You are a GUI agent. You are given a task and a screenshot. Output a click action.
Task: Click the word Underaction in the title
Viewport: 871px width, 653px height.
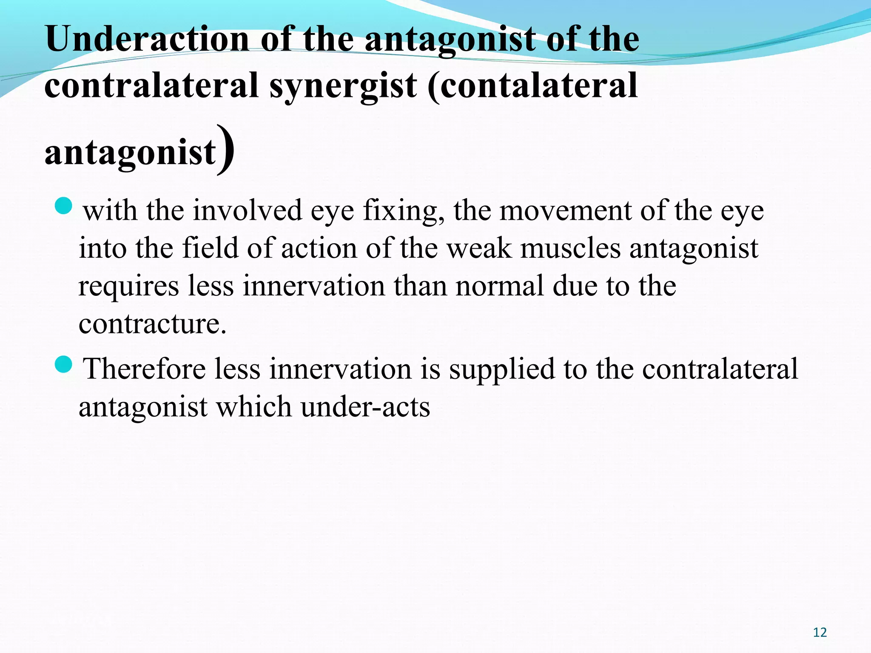click(x=147, y=39)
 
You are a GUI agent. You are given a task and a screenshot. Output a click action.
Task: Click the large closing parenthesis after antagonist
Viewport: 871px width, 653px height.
click(x=225, y=150)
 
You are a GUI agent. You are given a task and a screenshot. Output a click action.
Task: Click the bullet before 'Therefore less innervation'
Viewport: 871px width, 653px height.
click(x=64, y=364)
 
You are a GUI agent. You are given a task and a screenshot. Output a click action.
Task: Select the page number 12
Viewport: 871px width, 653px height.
click(x=820, y=633)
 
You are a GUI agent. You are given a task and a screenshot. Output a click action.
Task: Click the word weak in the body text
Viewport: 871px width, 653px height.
click(x=478, y=248)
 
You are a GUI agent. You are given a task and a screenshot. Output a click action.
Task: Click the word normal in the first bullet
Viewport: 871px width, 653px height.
click(x=500, y=286)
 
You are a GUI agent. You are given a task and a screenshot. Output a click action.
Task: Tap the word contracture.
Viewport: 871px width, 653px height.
click(x=152, y=324)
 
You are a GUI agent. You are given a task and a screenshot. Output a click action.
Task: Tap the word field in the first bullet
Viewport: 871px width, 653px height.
click(x=210, y=248)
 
